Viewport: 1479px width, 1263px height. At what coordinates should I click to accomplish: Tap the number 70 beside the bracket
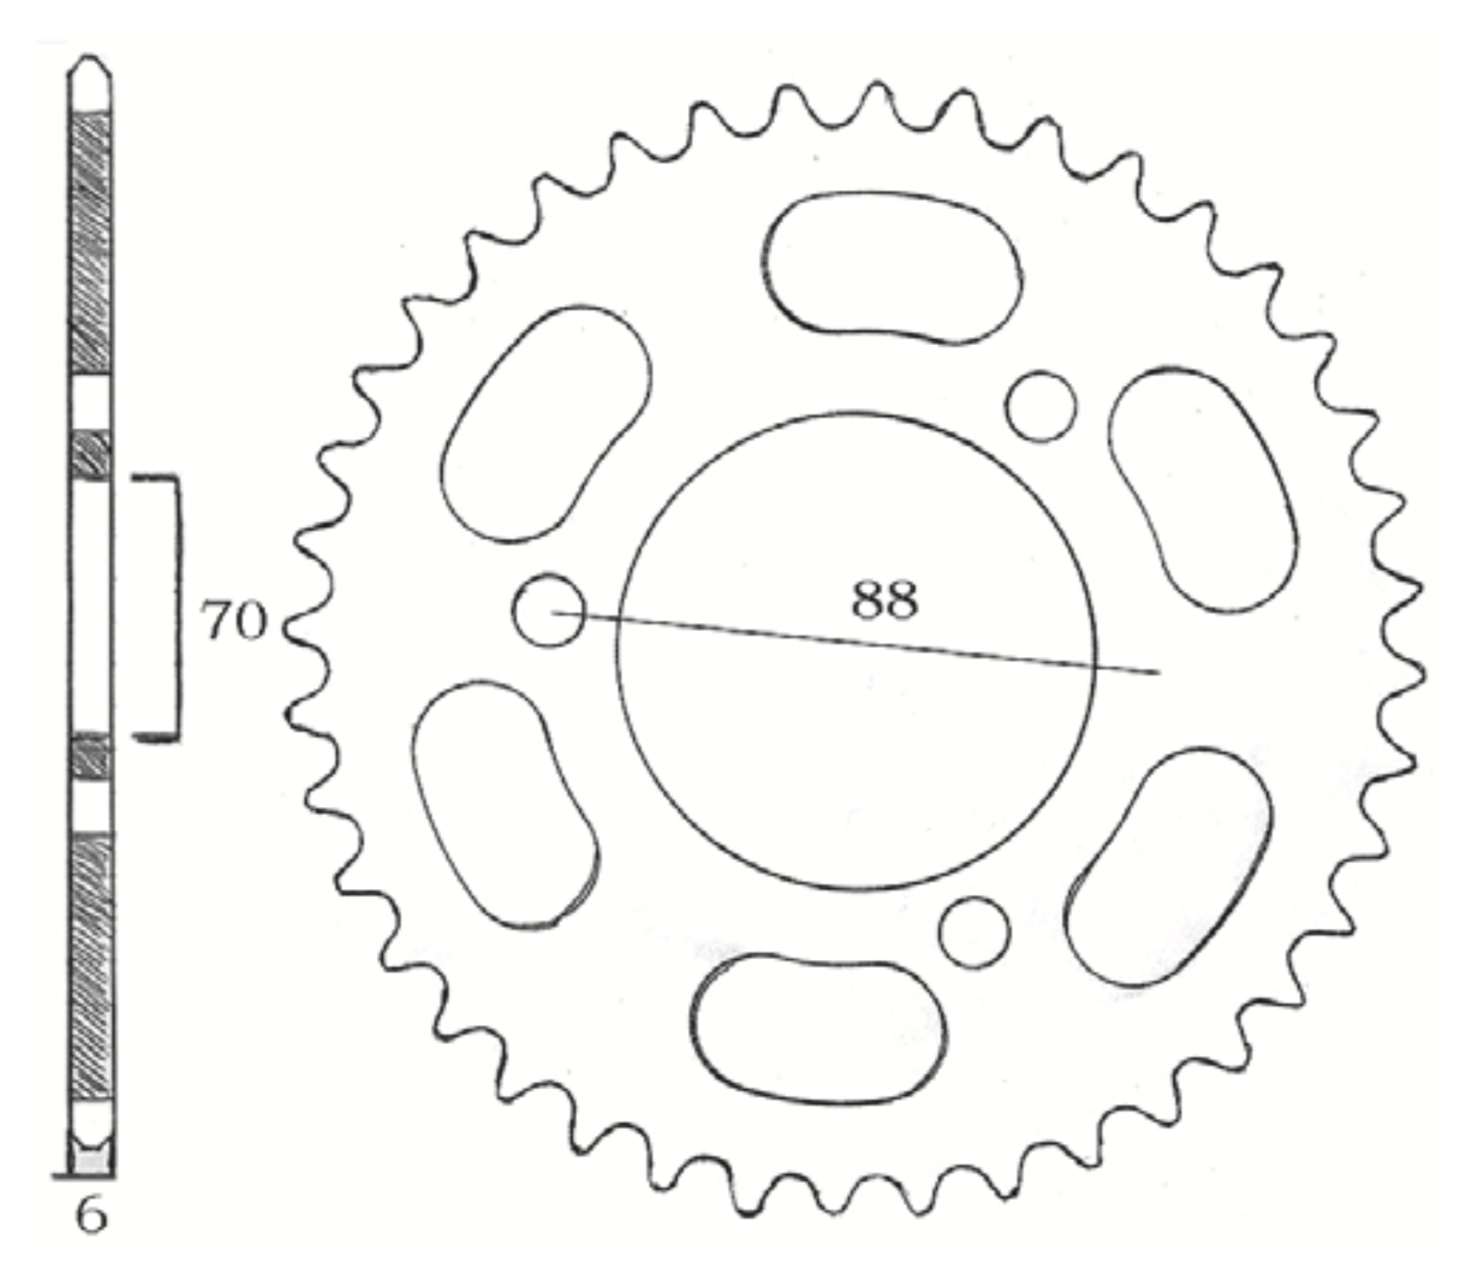pyautogui.click(x=235, y=620)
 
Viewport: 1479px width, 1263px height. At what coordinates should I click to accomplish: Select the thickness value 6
pyautogui.click(x=91, y=1214)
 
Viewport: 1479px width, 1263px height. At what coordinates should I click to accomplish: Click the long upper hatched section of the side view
pyautogui.click(x=90, y=244)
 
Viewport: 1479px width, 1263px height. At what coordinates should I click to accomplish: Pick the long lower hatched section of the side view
pyautogui.click(x=91, y=965)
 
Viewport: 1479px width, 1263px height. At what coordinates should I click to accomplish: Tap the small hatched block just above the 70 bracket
pyautogui.click(x=90, y=454)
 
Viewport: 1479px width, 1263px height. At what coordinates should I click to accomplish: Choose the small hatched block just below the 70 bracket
pyautogui.click(x=90, y=757)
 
